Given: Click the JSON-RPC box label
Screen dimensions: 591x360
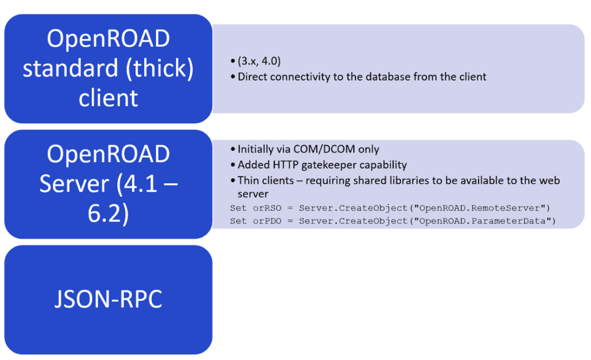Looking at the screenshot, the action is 108,299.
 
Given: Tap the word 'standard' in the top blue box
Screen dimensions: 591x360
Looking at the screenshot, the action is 70,68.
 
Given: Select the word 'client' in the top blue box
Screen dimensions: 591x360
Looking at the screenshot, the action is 108,98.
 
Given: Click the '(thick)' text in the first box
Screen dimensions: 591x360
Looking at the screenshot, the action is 160,69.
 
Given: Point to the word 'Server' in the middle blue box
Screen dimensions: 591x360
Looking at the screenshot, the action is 74,184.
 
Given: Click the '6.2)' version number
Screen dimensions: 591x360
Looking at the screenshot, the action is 108,214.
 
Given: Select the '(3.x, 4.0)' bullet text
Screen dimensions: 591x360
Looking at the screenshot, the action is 259,61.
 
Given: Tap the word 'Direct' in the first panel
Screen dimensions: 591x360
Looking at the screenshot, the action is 252,77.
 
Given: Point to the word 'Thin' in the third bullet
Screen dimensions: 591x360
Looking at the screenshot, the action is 247,181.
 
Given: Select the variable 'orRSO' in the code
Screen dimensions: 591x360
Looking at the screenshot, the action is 267,208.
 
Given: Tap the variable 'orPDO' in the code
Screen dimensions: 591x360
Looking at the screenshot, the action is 267,221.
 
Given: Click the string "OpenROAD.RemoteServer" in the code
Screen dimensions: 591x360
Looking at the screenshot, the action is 479,208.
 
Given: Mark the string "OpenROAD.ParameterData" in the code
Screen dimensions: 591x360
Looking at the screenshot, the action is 482,221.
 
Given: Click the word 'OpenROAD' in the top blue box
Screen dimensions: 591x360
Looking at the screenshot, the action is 108,39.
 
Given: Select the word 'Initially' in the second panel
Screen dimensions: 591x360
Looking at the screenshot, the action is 255,149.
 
